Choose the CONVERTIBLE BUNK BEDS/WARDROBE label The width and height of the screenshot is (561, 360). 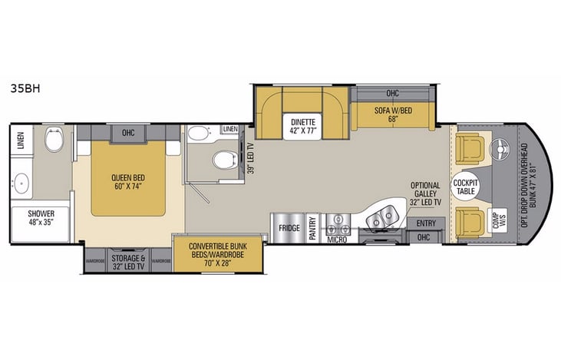pos(217,250)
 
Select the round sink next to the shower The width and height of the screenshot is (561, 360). pos(21,183)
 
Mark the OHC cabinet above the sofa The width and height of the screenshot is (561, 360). pos(393,94)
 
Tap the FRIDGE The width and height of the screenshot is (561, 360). pos(288,227)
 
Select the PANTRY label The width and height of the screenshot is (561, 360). pos(313,229)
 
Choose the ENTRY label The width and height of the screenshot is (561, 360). pos(424,223)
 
